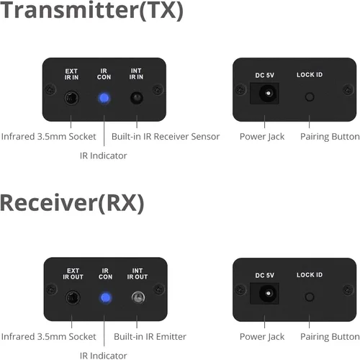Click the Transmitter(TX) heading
92,10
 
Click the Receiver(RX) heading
72,203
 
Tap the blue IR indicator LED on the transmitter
104,98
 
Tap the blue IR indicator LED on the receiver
105,297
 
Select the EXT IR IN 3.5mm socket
71,98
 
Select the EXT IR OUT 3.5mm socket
73,297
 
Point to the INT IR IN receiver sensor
137,98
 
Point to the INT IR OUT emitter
138,297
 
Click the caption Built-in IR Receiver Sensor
166,137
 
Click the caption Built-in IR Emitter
150,336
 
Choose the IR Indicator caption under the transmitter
104,156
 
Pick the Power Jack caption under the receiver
262,337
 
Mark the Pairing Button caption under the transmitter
330,137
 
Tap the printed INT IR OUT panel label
138,274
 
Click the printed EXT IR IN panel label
71,74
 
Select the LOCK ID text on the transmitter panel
310,75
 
